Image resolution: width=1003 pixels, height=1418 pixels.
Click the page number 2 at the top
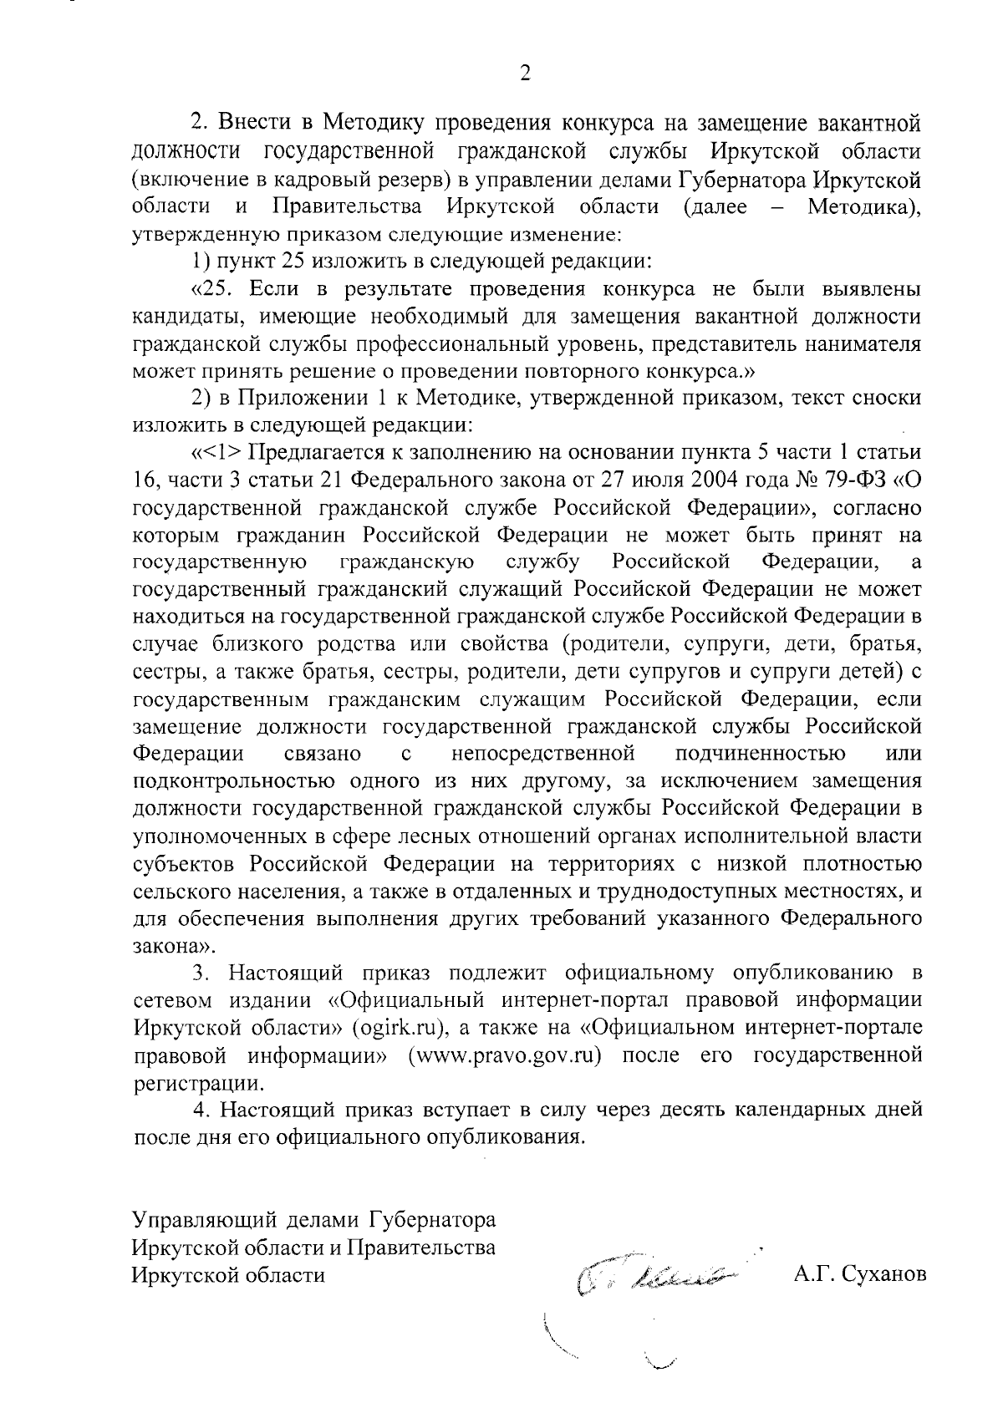525,74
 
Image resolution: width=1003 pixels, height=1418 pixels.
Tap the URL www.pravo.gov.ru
505,1055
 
